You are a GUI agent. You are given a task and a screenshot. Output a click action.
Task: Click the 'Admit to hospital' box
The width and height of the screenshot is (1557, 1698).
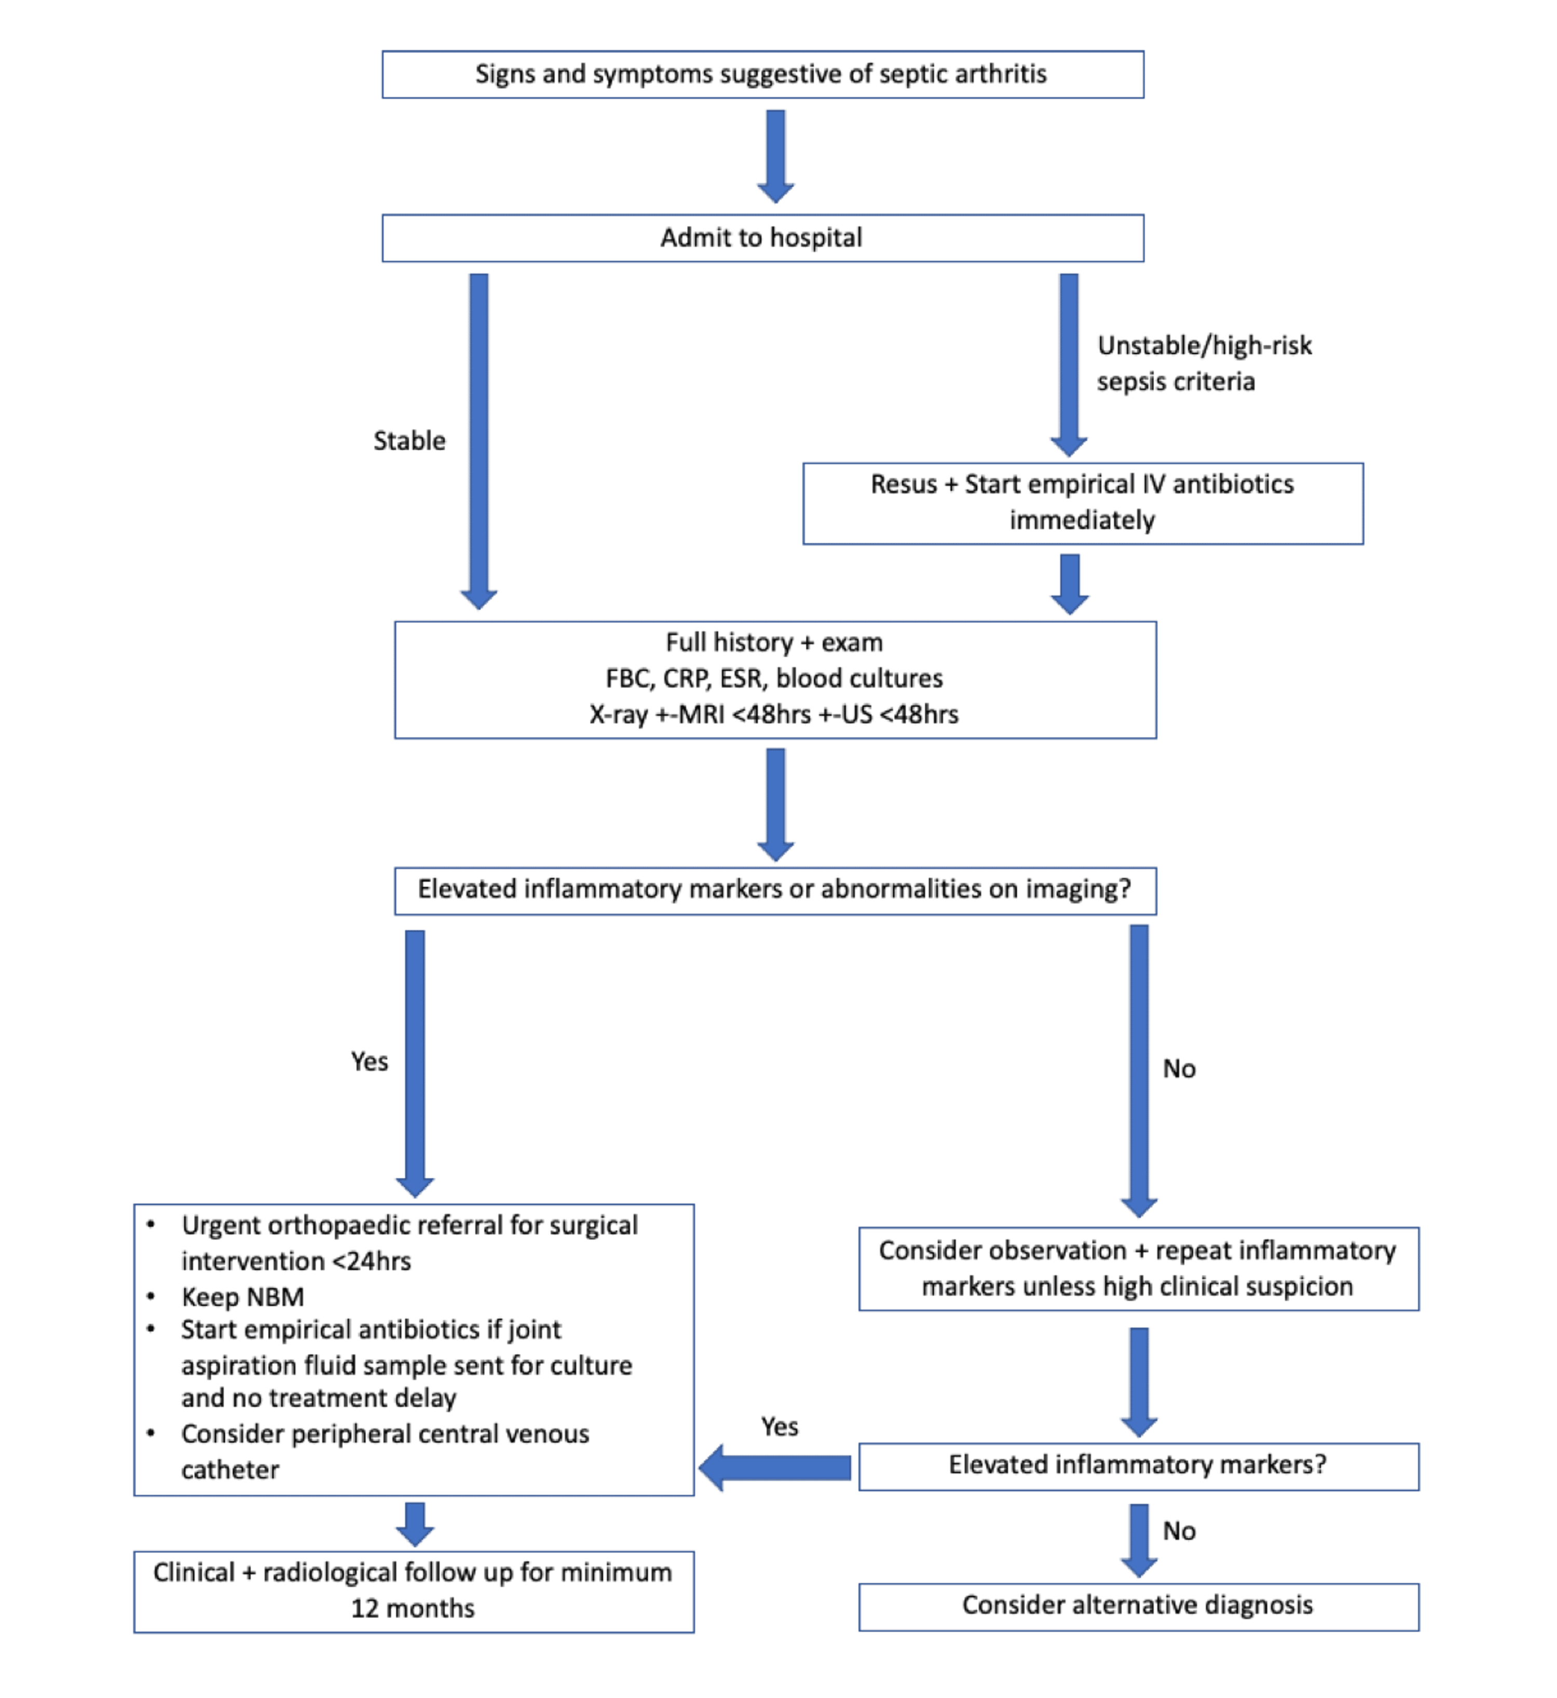(762, 238)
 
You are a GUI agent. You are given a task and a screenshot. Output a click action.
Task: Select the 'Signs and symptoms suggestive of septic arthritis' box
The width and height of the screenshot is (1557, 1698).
(762, 74)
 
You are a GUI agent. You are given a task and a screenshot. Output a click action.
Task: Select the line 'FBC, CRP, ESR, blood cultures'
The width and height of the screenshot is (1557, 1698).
(773, 678)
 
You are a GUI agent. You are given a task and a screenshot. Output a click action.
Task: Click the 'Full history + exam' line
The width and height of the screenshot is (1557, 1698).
(773, 642)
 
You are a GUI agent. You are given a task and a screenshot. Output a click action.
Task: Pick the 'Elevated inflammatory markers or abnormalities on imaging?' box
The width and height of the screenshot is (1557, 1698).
(773, 890)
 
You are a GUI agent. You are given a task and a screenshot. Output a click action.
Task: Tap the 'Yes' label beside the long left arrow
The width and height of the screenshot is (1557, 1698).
(369, 1062)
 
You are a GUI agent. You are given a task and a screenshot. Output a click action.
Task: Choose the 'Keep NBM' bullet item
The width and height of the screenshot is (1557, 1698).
(243, 1297)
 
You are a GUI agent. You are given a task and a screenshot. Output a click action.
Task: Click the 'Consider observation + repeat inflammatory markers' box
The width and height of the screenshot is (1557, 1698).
(1138, 1268)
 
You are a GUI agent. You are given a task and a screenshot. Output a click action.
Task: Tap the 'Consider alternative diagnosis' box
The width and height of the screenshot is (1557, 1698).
(1138, 1605)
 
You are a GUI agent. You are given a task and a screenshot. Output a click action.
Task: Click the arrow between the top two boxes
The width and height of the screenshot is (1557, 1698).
(775, 156)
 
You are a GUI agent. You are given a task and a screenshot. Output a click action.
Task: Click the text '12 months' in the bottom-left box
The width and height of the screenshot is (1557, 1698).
(413, 1609)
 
